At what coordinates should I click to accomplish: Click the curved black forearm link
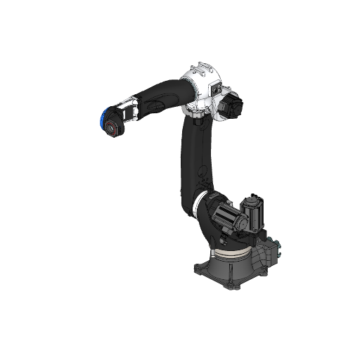pyautogui.click(x=158, y=98)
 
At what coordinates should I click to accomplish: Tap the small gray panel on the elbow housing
pyautogui.click(x=217, y=90)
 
